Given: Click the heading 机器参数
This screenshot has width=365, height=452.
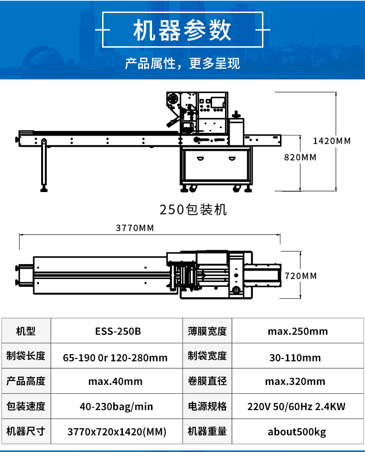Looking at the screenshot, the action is pos(182,30).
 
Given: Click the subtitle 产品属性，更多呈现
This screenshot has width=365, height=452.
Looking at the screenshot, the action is pos(182,63).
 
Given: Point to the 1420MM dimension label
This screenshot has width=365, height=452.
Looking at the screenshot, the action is pos(332,141).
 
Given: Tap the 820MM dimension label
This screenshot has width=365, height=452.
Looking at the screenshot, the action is pos(300,157).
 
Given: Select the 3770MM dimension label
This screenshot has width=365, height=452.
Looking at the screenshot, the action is pos(135,228).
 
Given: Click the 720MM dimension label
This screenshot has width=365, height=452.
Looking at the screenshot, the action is pos(301,276).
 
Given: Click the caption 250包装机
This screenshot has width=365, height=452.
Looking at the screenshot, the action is pos(193,210).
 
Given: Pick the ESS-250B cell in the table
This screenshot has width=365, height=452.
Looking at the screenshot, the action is pos(118,331).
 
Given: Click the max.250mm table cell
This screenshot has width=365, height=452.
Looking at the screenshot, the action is pos(298,331).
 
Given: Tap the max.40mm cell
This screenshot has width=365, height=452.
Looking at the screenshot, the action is pos(116,381).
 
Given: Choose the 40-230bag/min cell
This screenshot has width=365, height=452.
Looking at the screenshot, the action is pos(116,407).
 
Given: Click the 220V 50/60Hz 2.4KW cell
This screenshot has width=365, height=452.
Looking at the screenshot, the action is pos(296,407).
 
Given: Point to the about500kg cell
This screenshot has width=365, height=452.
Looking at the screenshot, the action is pos(297,432).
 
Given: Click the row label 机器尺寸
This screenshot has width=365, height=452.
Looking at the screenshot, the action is pos(26,431).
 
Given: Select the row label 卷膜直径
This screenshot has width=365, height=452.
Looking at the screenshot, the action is pos(207,381).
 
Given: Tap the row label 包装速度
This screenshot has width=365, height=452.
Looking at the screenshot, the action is pos(26,406).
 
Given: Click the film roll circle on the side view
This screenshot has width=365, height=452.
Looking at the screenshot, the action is pos(173,99).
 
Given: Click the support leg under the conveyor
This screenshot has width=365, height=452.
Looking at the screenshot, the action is pos(44,165).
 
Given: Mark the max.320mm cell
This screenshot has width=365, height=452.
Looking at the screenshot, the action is pos(295,381).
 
